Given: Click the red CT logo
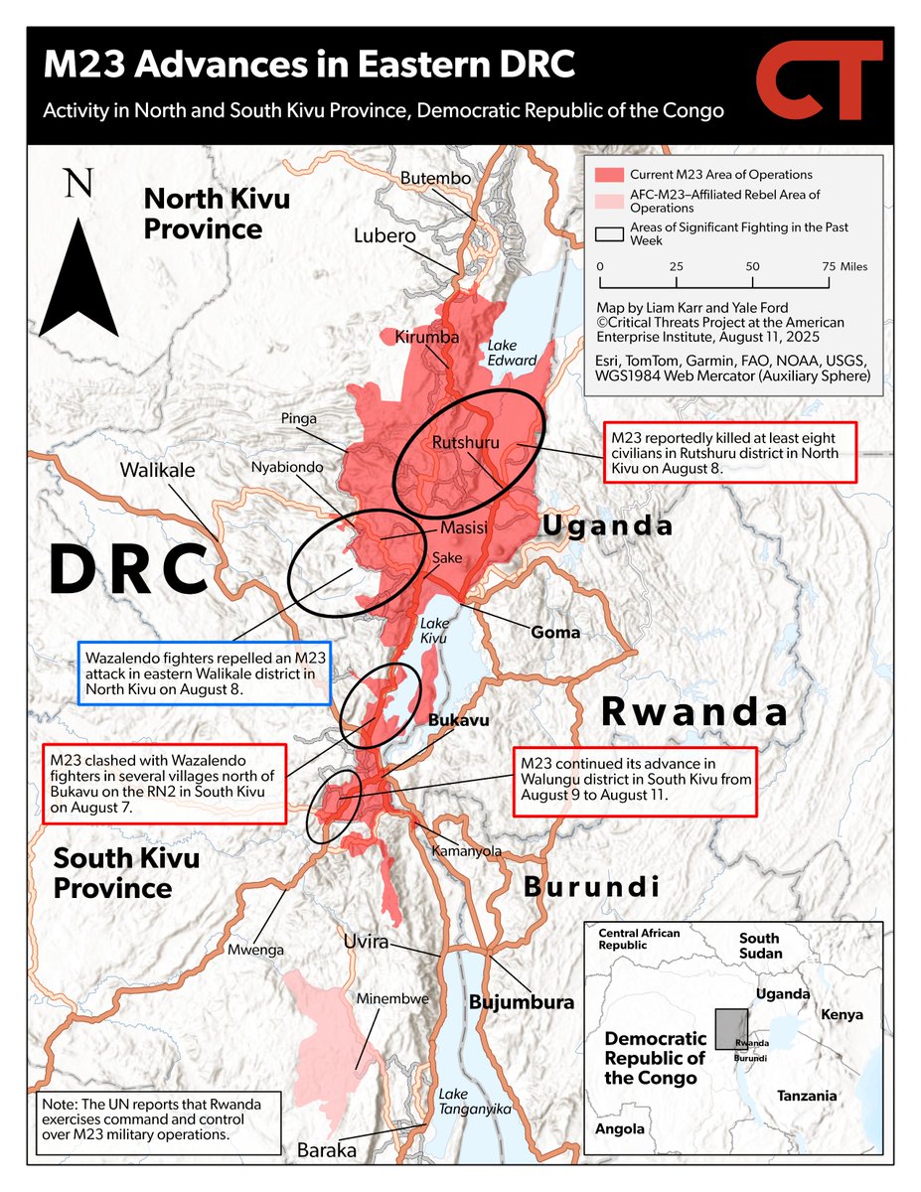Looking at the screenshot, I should point(820,84).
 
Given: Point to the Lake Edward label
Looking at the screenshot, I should point(512,353).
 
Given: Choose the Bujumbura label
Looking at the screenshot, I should point(522,1001).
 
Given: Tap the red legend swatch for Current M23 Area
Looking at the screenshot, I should point(607,175).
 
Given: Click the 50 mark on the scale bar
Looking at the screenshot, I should point(752,267).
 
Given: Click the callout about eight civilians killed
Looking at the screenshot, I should point(729,454).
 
